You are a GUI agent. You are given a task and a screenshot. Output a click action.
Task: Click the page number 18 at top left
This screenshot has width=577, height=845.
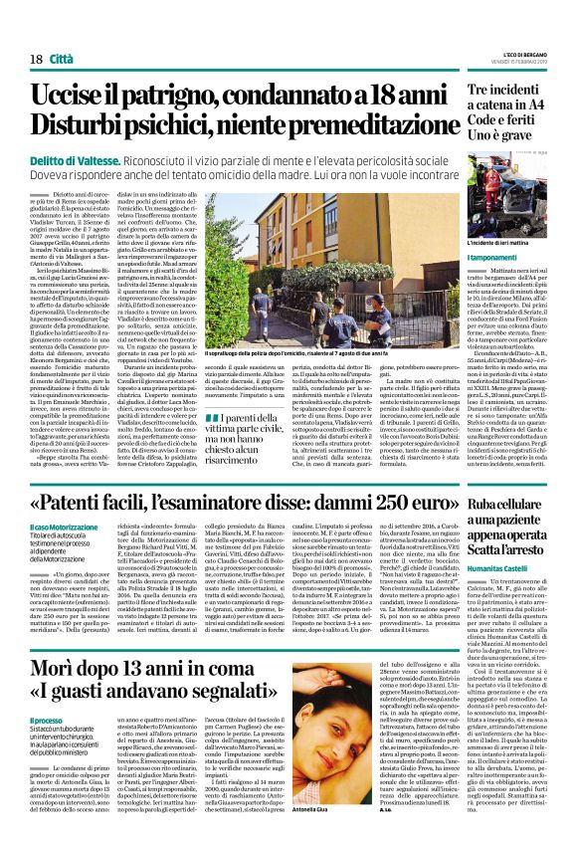[36, 32]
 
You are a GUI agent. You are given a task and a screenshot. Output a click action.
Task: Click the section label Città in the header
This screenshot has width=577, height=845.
[65, 32]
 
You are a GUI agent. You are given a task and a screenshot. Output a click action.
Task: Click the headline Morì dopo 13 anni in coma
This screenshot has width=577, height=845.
[159, 670]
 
